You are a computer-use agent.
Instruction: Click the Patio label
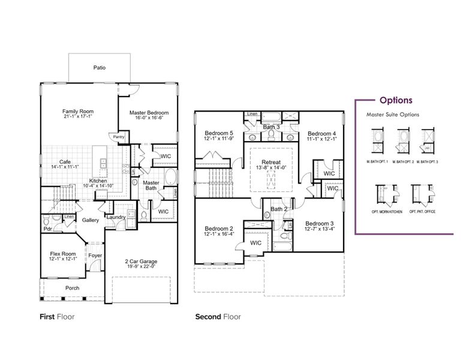(x=100, y=68)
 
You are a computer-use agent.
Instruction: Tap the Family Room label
(x=79, y=112)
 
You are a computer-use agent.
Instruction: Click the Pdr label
(x=47, y=228)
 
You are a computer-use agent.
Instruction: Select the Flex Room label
(x=62, y=254)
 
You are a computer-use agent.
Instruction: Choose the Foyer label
(x=95, y=256)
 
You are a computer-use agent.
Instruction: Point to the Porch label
(x=73, y=288)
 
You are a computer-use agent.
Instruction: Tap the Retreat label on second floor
(x=272, y=162)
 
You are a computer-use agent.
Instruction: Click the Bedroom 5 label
(x=218, y=133)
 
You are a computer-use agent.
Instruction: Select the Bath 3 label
(x=272, y=127)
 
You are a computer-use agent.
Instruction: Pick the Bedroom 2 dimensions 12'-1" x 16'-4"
(x=218, y=235)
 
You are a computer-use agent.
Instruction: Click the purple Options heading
(x=395, y=101)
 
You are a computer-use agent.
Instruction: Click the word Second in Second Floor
(x=208, y=316)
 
